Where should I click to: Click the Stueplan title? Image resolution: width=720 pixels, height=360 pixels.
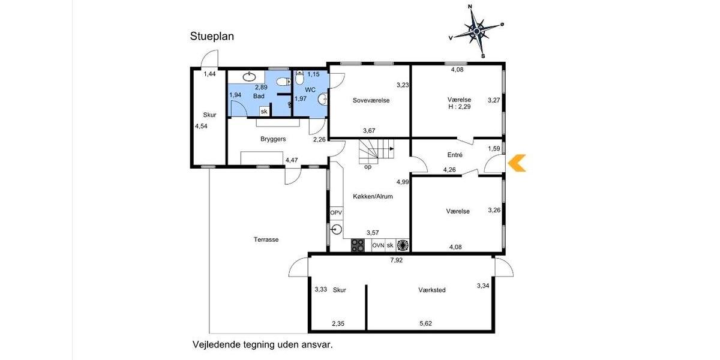click(212, 37)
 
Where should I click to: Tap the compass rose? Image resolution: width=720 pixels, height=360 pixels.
click(477, 30)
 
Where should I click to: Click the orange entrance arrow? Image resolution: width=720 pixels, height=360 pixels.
click(517, 163)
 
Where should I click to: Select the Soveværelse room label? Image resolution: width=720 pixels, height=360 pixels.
click(371, 100)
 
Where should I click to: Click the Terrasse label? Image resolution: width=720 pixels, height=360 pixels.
click(266, 239)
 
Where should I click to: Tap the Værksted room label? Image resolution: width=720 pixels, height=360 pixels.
click(432, 290)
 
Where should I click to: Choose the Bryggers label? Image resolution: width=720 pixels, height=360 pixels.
click(273, 139)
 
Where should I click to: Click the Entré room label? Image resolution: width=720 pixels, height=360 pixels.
click(455, 155)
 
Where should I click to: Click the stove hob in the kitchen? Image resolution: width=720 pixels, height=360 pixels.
click(358, 245)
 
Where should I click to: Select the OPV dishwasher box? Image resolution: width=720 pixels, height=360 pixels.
click(335, 213)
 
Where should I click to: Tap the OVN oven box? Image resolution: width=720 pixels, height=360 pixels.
click(378, 245)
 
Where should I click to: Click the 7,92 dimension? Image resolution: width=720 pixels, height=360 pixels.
click(397, 260)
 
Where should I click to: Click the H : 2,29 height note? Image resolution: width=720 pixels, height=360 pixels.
click(459, 107)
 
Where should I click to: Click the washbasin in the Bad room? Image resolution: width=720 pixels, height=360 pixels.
click(249, 76)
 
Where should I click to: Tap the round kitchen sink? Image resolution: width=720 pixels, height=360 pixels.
click(336, 229)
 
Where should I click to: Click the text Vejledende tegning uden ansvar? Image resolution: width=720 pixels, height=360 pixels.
click(262, 345)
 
